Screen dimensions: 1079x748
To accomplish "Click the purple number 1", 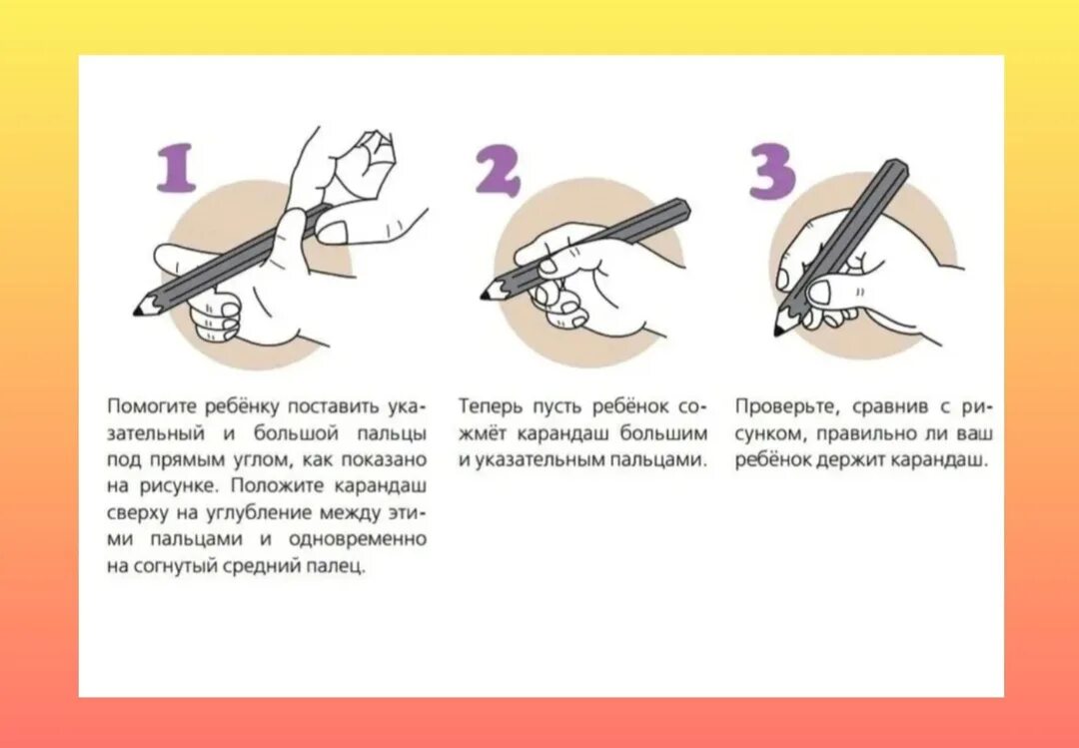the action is click(177, 167).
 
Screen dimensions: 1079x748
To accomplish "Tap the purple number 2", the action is click(499, 172).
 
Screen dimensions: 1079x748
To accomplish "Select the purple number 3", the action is click(772, 172).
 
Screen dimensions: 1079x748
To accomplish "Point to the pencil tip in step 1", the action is click(138, 312).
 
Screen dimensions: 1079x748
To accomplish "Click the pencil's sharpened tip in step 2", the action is click(485, 296).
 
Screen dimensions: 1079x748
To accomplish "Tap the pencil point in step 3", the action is click(778, 332).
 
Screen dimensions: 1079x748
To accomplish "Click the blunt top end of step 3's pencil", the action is click(899, 167).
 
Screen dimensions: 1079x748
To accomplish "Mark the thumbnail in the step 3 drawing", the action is click(819, 292).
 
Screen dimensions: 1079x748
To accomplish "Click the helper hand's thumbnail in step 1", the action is click(331, 233).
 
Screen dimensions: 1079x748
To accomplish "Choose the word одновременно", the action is click(358, 539).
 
